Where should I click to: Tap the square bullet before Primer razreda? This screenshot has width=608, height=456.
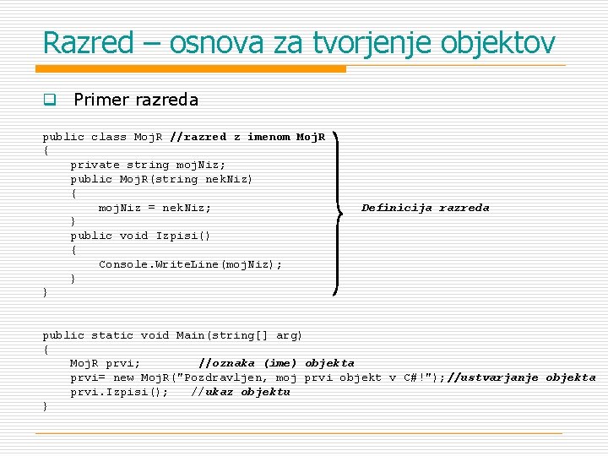tap(50, 100)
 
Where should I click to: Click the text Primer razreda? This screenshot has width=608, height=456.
tap(136, 100)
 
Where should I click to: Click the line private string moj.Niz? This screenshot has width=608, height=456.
tap(148, 165)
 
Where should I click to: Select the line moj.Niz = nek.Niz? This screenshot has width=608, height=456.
tap(155, 208)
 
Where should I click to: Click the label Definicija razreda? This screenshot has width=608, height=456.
tap(425, 208)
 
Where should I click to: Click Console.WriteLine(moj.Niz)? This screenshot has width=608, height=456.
tap(190, 264)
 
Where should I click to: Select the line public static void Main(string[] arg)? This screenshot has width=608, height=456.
tap(172, 335)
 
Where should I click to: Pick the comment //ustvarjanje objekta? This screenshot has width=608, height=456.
tap(521, 377)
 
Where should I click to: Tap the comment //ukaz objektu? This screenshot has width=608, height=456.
tap(240, 392)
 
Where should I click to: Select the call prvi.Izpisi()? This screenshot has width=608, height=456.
tap(119, 392)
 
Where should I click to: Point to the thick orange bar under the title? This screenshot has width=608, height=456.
tap(194, 68)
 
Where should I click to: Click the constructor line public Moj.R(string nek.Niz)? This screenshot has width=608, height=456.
tap(161, 179)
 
